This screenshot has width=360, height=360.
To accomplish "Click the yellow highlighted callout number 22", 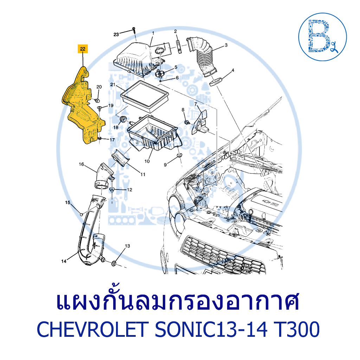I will coord(83,49).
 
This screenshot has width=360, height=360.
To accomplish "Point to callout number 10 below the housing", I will coord(147,161).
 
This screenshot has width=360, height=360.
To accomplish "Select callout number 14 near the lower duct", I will coord(64,261).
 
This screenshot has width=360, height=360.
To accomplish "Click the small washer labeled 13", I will coord(115,263).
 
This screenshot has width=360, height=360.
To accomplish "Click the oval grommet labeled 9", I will coord(179,155).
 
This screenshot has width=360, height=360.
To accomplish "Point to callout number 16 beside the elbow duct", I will coord(81,164).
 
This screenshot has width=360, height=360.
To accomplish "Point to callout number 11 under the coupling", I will coord(143,174).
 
